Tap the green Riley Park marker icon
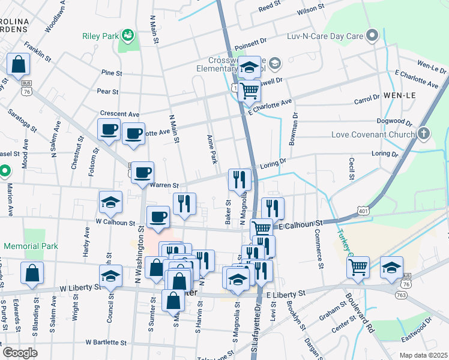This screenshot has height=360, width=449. tap(127, 36)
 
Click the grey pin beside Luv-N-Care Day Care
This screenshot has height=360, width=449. tap(373, 35)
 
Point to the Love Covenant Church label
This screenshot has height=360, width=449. tap(373, 134)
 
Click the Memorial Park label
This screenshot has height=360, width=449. tap(31, 246)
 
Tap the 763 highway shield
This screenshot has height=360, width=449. tap(400, 295)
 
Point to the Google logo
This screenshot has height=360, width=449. tap(20, 352)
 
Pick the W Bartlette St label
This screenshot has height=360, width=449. tap(106, 343)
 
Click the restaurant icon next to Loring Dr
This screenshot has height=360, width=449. tap(239, 179)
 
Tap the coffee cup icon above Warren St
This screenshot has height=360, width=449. tap(142, 172)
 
